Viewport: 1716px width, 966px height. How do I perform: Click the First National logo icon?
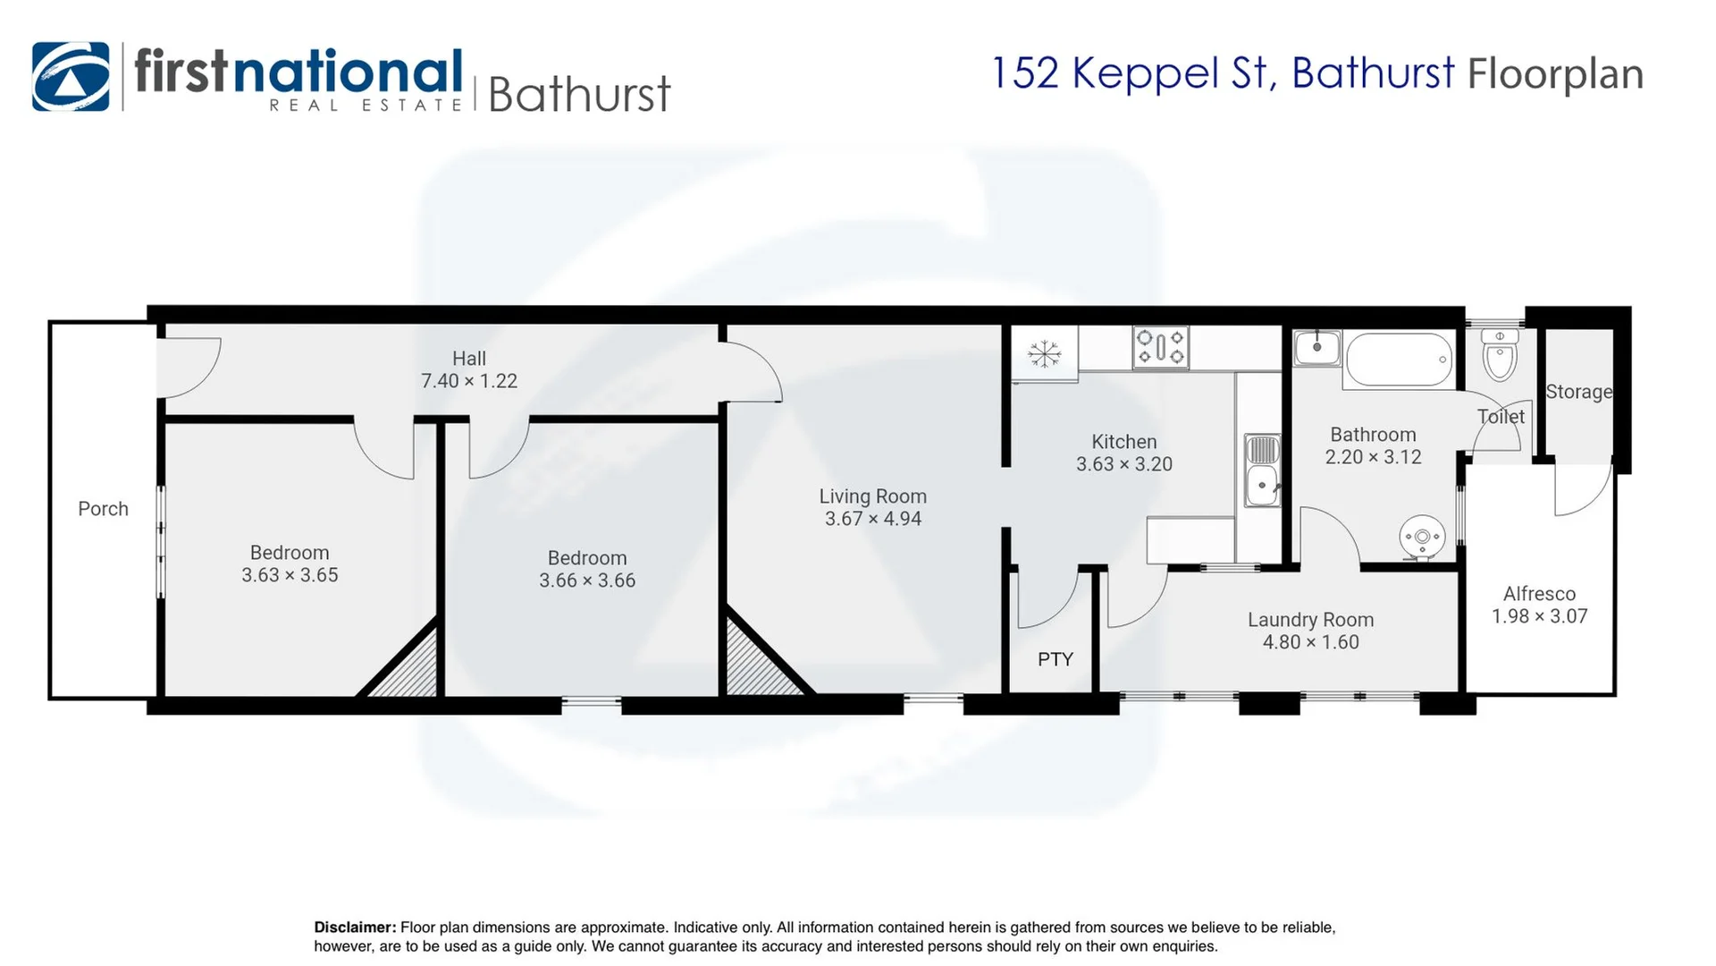(71, 76)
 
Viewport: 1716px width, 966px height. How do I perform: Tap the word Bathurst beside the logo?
(579, 94)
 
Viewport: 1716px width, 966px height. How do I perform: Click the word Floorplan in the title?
(1555, 73)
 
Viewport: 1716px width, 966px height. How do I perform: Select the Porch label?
(103, 509)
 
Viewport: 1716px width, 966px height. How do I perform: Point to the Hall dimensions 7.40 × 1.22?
(469, 381)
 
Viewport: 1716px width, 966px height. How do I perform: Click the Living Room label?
(873, 496)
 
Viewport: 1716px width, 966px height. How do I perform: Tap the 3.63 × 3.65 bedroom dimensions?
(290, 575)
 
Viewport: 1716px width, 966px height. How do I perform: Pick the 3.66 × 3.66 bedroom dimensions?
(587, 580)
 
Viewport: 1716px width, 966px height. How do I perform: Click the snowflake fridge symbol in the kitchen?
(1044, 354)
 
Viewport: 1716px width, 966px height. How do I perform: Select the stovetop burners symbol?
(1161, 348)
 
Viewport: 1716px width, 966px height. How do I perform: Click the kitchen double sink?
(1262, 470)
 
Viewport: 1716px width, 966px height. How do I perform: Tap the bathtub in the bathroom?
(1399, 360)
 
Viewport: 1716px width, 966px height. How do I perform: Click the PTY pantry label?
(1056, 659)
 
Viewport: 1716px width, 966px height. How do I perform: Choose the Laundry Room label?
(1311, 620)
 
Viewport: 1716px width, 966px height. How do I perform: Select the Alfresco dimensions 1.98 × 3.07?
(1540, 616)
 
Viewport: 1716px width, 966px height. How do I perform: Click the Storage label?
(1579, 392)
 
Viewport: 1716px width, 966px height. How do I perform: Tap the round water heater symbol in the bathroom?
(1422, 538)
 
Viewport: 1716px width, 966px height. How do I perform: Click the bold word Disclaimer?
(355, 928)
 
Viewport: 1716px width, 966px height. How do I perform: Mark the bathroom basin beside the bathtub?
(1317, 347)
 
